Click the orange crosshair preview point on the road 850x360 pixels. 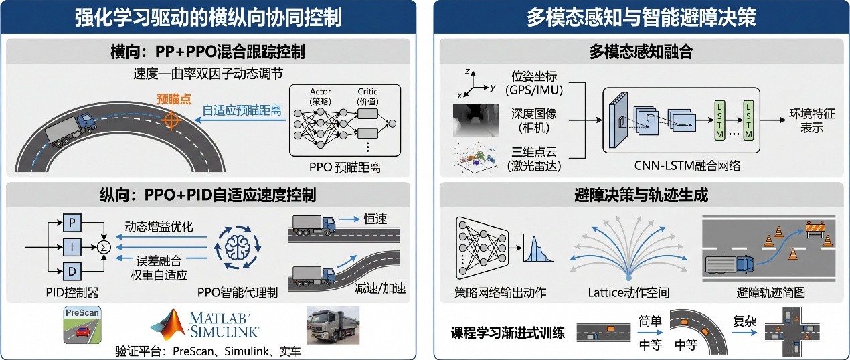(x=171, y=120)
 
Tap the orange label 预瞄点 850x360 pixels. (x=174, y=100)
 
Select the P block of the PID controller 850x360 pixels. (x=72, y=222)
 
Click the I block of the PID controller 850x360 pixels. (x=72, y=247)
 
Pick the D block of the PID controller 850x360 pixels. (x=72, y=271)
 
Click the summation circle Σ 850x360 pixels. (x=104, y=248)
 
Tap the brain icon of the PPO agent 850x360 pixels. (x=238, y=248)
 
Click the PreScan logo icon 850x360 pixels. (x=82, y=325)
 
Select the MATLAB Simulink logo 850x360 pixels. (x=205, y=325)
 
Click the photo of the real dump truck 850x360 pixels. (x=333, y=325)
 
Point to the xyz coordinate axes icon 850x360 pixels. (x=475, y=84)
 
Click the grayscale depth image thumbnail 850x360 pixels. (x=476, y=120)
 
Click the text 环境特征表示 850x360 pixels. (x=812, y=120)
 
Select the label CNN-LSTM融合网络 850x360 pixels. (x=687, y=166)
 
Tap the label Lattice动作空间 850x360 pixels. (x=628, y=292)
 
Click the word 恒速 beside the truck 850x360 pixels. (x=375, y=219)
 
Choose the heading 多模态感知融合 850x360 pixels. (x=641, y=52)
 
